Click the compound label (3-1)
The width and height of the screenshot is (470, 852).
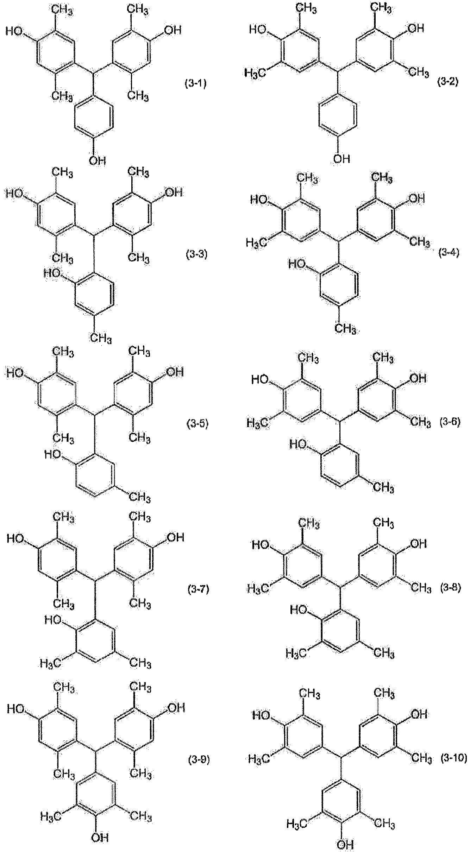[x=195, y=84]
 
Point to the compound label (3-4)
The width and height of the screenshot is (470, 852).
[x=449, y=253]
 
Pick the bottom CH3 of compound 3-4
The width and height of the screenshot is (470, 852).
[x=345, y=328]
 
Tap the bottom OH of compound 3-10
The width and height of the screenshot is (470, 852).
[x=344, y=845]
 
